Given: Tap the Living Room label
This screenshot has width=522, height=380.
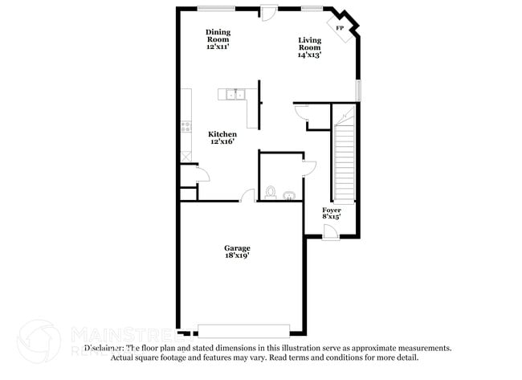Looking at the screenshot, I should pyautogui.click(x=310, y=43).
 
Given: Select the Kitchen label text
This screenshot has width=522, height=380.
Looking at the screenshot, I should pyautogui.click(x=222, y=134).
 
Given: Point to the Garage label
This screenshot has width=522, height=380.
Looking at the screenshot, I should pyautogui.click(x=237, y=248).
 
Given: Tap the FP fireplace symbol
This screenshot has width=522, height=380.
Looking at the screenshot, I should pyautogui.click(x=341, y=29).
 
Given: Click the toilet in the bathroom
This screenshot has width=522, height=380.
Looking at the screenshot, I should pyautogui.click(x=271, y=193).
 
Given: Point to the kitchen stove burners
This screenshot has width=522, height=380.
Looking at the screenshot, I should pyautogui.click(x=186, y=126).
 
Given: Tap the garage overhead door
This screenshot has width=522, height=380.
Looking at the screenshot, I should pyautogui.click(x=243, y=329).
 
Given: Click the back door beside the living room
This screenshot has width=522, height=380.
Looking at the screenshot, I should pyautogui.click(x=268, y=14).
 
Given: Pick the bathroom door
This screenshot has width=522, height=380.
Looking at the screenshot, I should pyautogui.click(x=308, y=167).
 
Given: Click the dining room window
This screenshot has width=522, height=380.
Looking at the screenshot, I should pyautogui.click(x=216, y=9).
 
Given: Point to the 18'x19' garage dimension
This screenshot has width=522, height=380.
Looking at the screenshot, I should pyautogui.click(x=237, y=257).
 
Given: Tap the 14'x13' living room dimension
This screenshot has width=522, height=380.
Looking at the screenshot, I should pyautogui.click(x=310, y=55).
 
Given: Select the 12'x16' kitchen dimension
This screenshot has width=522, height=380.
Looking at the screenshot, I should pyautogui.click(x=222, y=142).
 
